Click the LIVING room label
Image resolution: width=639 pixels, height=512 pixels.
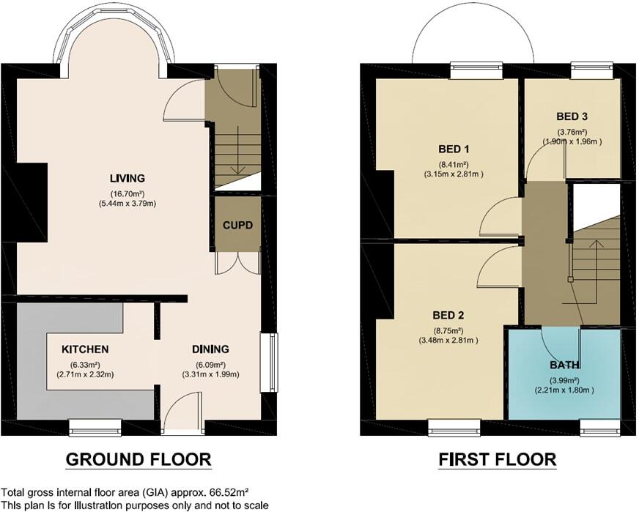click(x=127, y=178)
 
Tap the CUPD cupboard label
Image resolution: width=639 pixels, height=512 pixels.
click(x=238, y=225)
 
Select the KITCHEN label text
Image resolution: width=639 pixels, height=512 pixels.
click(x=85, y=349)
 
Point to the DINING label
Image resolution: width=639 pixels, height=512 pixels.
click(x=210, y=349)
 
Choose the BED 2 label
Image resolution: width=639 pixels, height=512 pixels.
click(x=448, y=316)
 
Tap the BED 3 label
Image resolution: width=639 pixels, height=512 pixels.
click(x=572, y=116)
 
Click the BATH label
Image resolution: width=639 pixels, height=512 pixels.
click(x=564, y=364)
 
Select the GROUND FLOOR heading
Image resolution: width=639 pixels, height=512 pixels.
click(x=138, y=459)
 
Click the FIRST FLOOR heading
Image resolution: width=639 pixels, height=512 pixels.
click(x=497, y=459)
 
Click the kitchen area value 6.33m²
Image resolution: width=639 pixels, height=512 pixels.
click(x=85, y=364)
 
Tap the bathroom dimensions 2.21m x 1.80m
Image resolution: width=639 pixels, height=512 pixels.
click(x=564, y=390)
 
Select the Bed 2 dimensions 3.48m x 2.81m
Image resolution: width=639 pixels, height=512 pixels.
click(x=448, y=340)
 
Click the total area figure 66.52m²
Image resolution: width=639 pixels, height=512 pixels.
click(x=230, y=492)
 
